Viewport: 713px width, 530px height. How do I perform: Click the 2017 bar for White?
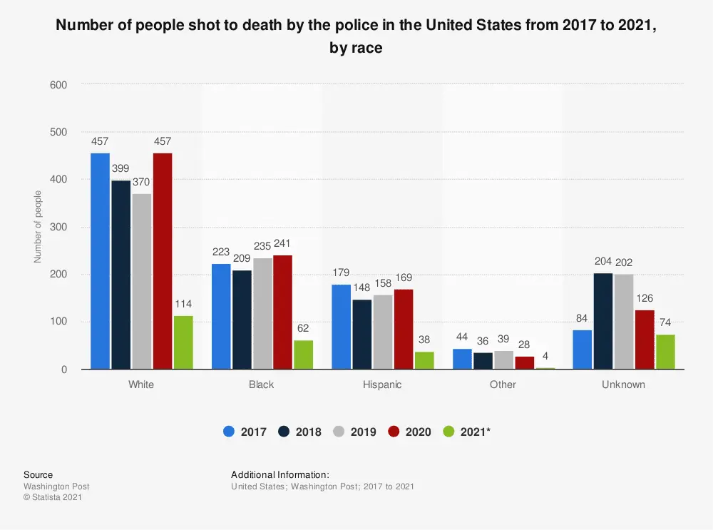(100, 261)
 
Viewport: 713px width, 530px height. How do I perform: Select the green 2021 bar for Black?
(304, 355)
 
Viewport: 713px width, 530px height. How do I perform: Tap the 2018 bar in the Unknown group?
(602, 321)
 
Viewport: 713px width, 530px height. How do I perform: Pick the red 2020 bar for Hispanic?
(404, 329)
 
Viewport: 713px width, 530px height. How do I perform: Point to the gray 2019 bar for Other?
(504, 360)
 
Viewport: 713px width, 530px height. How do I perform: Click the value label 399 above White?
(120, 169)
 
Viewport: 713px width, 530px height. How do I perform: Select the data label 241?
(282, 243)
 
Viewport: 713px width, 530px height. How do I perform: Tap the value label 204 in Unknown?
(602, 262)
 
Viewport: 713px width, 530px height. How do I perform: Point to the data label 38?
(424, 340)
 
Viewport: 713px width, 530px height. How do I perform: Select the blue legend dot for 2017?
(229, 432)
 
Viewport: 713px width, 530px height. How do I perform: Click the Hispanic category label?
(382, 384)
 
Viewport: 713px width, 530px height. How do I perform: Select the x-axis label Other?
(503, 384)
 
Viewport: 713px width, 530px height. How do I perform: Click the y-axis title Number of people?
(38, 226)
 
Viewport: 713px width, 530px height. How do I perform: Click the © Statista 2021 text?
(53, 497)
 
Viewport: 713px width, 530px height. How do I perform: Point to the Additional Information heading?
(280, 474)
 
